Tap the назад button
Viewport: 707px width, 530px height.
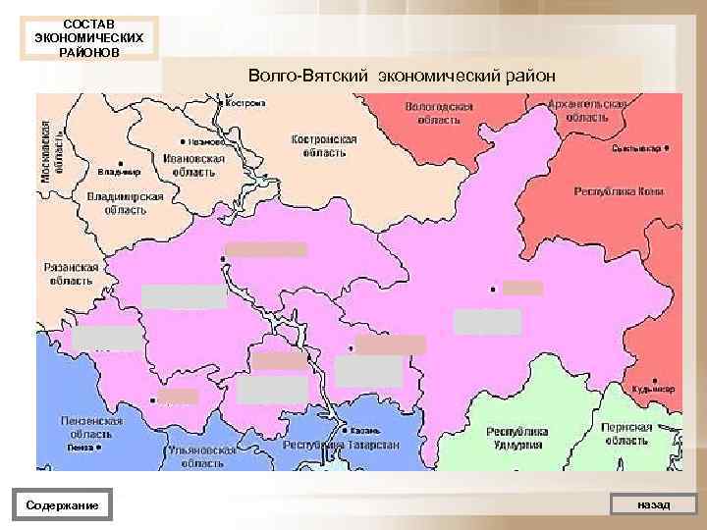pyautogui.click(x=653, y=504)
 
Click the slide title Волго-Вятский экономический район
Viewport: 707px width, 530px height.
pyautogui.click(x=402, y=75)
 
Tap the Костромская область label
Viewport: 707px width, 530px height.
pyautogui.click(x=324, y=146)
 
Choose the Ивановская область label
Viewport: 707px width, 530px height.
pyautogui.click(x=193, y=164)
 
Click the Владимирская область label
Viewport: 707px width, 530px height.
pyautogui.click(x=125, y=202)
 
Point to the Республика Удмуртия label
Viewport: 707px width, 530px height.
pyautogui.click(x=517, y=438)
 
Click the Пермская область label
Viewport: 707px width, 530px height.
pyautogui.click(x=627, y=434)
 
